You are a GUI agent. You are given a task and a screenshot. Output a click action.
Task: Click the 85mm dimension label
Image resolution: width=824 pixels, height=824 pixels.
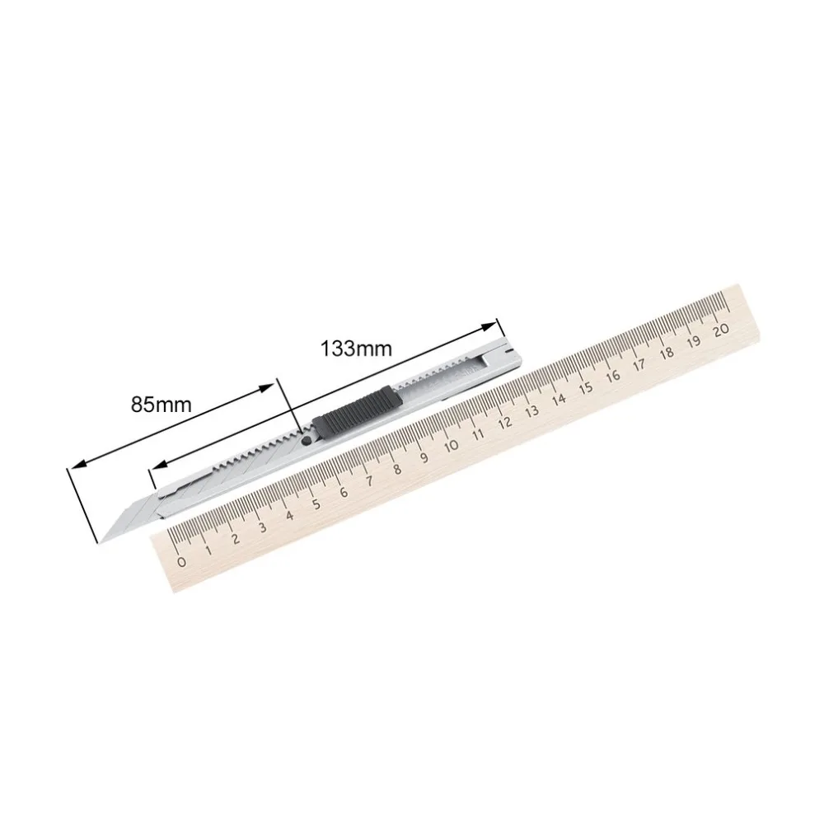click(x=162, y=405)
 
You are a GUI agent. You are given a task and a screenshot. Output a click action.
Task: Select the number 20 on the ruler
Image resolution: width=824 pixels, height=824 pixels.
click(x=722, y=328)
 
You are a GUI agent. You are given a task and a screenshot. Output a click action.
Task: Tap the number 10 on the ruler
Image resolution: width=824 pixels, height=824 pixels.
click(x=451, y=446)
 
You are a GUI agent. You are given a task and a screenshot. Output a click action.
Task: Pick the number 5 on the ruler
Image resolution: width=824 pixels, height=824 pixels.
click(x=316, y=504)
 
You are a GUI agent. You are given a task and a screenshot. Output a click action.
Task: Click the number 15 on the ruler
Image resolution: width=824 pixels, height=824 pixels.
click(x=586, y=386)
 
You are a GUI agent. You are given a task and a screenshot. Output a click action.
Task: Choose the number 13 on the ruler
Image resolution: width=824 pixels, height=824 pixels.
click(x=531, y=410)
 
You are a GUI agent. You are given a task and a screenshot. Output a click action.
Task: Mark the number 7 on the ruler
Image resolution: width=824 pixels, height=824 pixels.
click(x=370, y=481)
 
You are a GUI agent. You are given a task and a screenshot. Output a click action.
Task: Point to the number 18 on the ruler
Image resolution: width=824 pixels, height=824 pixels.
click(x=667, y=352)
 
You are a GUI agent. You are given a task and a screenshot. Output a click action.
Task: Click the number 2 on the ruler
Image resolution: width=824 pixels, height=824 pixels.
click(x=236, y=540)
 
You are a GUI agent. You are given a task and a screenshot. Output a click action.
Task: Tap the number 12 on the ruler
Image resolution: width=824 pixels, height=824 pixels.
click(x=504, y=422)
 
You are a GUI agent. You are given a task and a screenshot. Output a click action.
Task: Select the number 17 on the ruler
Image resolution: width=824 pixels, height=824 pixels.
click(x=640, y=363)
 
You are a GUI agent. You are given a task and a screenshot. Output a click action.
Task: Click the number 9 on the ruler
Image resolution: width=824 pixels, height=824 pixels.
click(x=424, y=457)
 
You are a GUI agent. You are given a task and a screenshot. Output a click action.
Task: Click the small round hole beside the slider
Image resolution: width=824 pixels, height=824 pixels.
click(x=306, y=442)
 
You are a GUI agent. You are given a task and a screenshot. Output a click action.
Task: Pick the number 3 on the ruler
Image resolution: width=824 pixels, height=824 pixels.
click(x=262, y=528)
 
